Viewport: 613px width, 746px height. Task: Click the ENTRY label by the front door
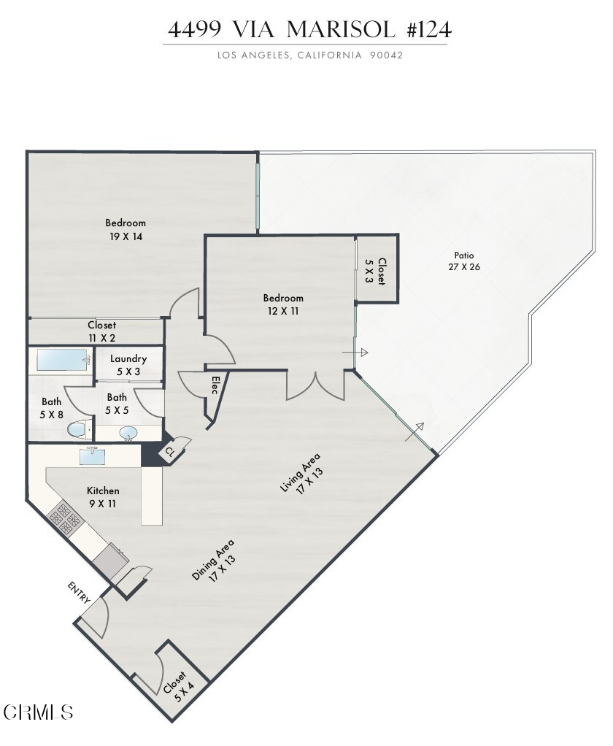[x=80, y=592]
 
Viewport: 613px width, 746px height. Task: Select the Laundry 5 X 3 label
[x=128, y=364]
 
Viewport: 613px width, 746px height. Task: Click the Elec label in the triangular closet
[x=215, y=385]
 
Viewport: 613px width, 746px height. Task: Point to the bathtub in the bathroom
[x=62, y=359]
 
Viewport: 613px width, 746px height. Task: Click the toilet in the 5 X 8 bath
[x=77, y=429]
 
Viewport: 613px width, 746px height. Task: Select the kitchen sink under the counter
[x=93, y=456]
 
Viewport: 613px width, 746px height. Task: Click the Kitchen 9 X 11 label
[x=103, y=497]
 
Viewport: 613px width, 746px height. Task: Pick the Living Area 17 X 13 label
[x=301, y=474]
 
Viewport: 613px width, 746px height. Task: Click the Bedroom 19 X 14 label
[x=126, y=229]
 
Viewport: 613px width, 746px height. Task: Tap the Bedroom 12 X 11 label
[x=283, y=304]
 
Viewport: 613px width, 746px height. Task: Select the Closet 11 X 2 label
[x=101, y=331]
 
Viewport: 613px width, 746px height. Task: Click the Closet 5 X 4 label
[x=179, y=686]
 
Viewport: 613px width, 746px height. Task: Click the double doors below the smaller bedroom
[x=315, y=385]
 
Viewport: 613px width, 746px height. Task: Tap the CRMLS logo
[x=38, y=711]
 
